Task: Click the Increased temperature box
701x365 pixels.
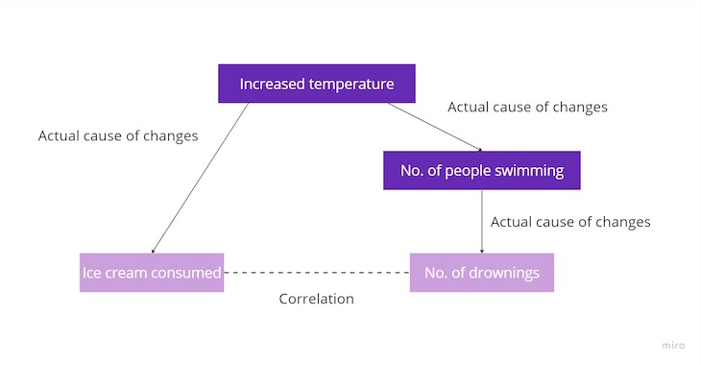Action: point(317,84)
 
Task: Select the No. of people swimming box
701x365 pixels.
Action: point(481,171)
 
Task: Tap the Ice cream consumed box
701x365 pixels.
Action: point(152,273)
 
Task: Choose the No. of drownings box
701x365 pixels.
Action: point(481,273)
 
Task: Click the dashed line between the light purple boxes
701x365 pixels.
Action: point(317,273)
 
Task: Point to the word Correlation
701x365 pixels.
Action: point(316,299)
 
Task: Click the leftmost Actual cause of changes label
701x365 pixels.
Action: point(118,135)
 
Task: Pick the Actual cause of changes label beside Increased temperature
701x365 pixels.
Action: point(527,107)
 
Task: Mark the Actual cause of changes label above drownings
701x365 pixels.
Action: point(570,222)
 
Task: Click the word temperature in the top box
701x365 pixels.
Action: point(351,84)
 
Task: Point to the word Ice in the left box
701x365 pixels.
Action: point(91,273)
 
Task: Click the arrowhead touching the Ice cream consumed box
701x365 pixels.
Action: point(154,251)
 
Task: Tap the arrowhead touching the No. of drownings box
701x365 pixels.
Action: point(481,249)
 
